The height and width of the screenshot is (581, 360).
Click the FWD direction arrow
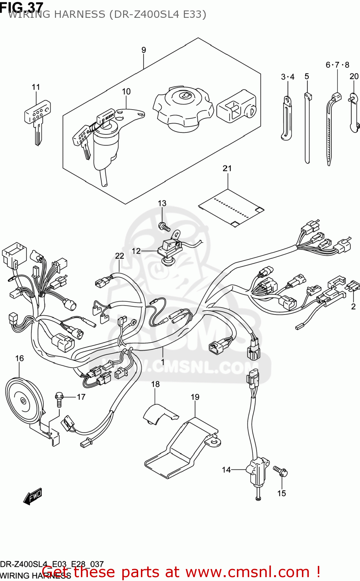pos(33,496)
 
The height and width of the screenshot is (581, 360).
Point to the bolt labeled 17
pos(59,399)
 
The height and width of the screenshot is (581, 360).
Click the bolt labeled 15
pos(281,471)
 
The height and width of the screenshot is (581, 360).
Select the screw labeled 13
pos(164,226)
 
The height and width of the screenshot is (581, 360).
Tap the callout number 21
pos(227,168)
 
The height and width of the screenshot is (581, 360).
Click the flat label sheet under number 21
pos(231,208)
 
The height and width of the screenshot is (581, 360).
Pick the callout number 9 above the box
pos(144,50)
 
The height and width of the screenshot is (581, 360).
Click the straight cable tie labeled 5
pos(307,128)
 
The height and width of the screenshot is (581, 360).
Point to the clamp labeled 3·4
pos(286,118)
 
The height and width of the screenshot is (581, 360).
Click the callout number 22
pos(120,256)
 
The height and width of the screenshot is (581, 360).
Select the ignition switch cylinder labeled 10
pos(105,143)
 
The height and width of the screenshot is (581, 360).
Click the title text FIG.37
pos(21,7)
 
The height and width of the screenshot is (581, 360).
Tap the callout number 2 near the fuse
pos(353,306)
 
